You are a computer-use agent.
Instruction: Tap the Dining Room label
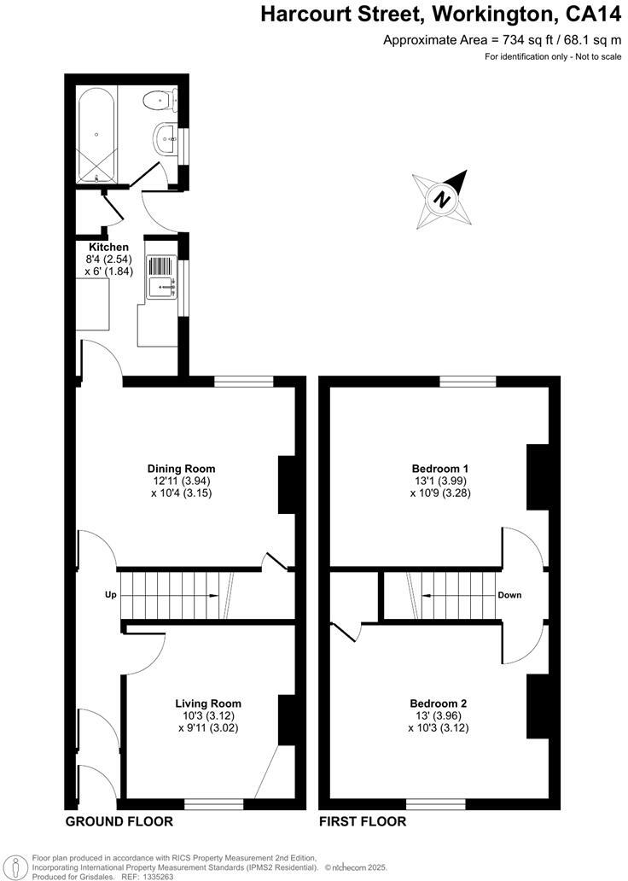[181, 469]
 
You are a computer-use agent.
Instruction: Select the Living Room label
[204, 703]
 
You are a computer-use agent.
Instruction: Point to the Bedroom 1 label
[439, 469]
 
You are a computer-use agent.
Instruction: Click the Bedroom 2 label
[439, 703]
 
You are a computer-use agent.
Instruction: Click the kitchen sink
[161, 277]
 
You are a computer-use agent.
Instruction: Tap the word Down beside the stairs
[510, 595]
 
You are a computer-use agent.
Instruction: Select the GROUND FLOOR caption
[119, 822]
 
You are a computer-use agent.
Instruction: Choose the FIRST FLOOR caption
[363, 822]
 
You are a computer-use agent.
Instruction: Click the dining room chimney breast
[287, 484]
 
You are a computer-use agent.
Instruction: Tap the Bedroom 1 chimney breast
[537, 476]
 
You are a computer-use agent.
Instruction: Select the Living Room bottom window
[214, 802]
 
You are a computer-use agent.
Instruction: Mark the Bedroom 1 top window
[468, 381]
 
